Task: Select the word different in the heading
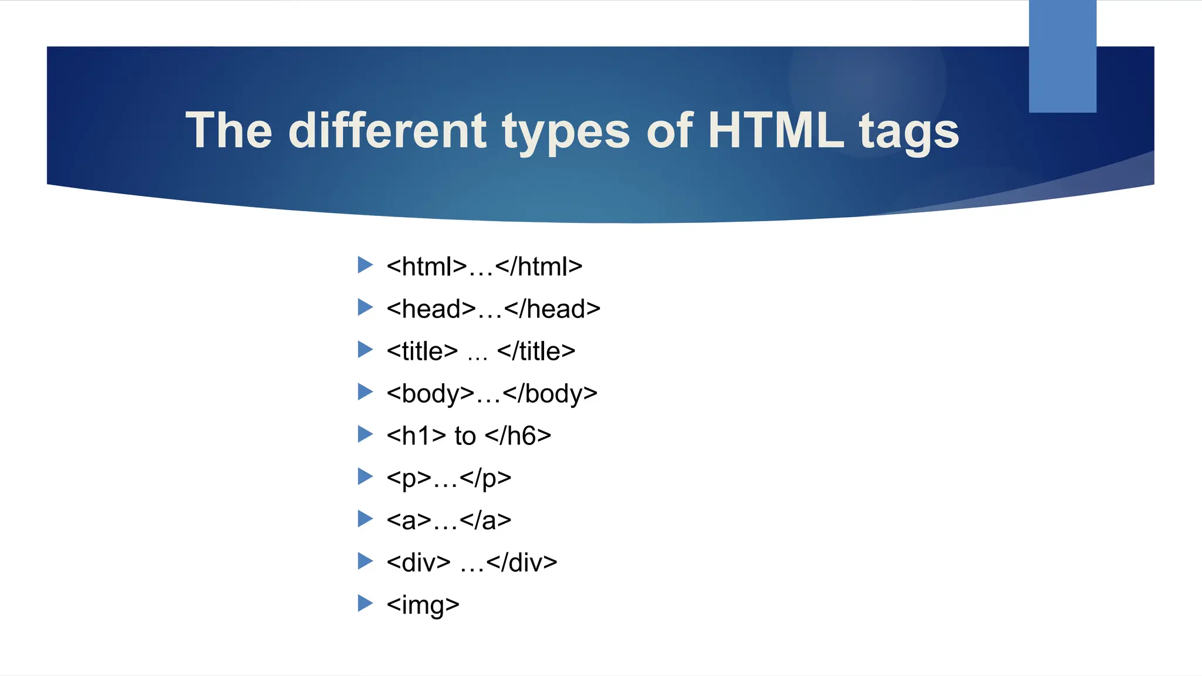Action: point(387,130)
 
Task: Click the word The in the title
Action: point(229,130)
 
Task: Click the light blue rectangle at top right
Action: point(1062,56)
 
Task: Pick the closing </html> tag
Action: point(539,267)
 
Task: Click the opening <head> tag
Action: point(431,309)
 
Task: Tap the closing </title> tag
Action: point(536,351)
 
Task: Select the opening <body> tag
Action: point(430,394)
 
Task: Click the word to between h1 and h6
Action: point(465,436)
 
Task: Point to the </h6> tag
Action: point(518,436)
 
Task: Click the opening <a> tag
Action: point(409,520)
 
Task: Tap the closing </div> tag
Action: point(522,563)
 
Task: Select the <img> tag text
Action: point(423,605)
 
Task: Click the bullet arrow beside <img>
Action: point(365,603)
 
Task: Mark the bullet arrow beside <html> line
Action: point(365,265)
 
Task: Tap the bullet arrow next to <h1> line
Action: point(365,434)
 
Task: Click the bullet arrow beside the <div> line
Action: point(365,560)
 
